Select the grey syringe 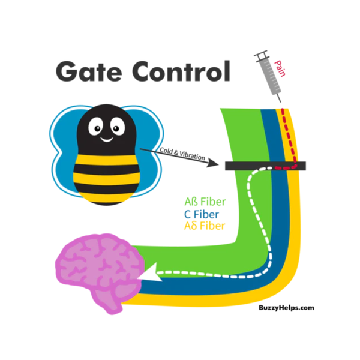(267, 75)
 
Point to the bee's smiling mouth (106, 140)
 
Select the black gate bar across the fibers (264, 166)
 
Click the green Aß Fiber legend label (205, 202)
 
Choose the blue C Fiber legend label (202, 214)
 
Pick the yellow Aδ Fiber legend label (205, 226)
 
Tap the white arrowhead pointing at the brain (154, 275)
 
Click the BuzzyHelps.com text (286, 308)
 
